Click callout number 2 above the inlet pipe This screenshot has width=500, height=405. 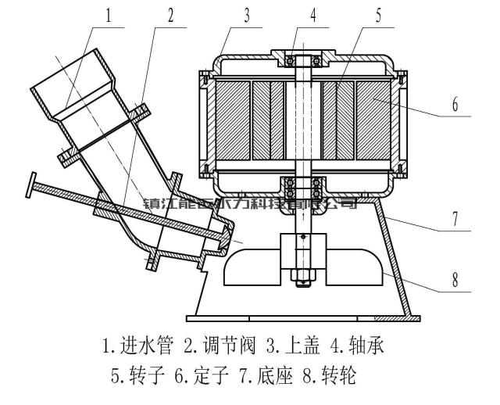[x=170, y=14]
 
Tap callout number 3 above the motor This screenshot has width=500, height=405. [x=246, y=14]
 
